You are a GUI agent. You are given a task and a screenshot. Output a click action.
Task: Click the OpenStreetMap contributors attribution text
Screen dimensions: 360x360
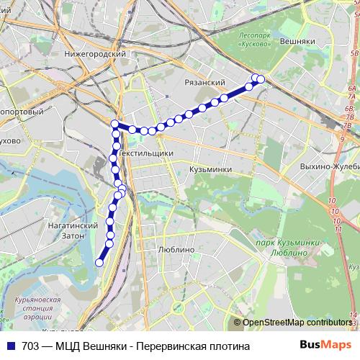click(296, 323)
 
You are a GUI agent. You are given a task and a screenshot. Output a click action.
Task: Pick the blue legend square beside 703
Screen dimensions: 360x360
click(11, 346)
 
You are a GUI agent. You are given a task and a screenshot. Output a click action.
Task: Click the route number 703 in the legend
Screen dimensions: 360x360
click(30, 346)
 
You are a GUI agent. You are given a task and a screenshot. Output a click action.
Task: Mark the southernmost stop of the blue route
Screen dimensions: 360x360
click(99, 263)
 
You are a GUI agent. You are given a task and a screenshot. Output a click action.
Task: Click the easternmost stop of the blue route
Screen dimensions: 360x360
click(261, 79)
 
